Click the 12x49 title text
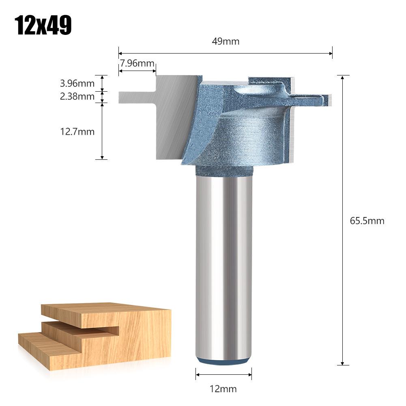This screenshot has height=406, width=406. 43,26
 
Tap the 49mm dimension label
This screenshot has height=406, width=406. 226,41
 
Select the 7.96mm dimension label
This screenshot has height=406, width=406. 137,63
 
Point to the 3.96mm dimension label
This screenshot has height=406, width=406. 77,84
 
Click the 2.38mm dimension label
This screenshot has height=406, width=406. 77,97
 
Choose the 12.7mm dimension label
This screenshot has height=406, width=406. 77,131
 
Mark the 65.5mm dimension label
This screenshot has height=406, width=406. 367,221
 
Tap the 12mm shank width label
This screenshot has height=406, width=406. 223,389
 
